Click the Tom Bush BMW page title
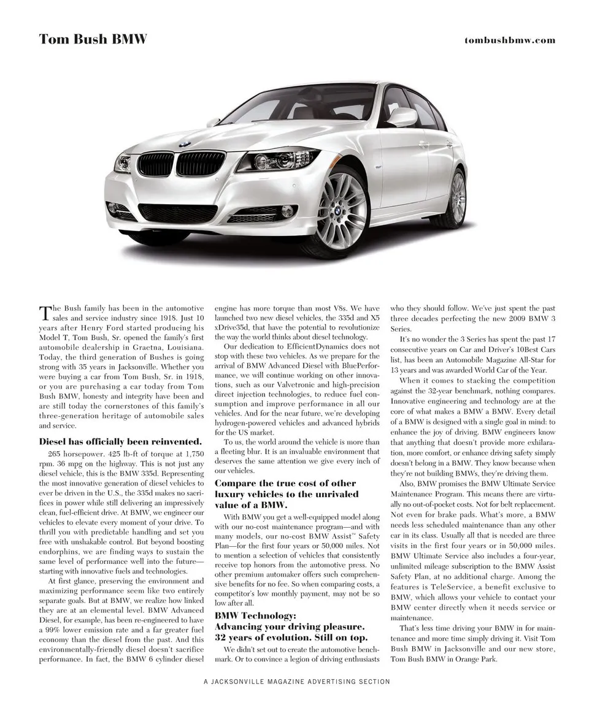pyautogui.click(x=93, y=40)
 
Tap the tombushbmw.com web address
pyautogui.click(x=509, y=40)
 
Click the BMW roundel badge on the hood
pyautogui.click(x=182, y=144)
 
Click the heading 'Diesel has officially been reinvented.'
pyautogui.click(x=120, y=441)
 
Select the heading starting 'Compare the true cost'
pyautogui.click(x=285, y=484)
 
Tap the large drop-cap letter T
pyautogui.click(x=45, y=314)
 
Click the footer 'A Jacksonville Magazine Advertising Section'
pyautogui.click(x=297, y=681)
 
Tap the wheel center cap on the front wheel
pyautogui.click(x=337, y=210)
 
